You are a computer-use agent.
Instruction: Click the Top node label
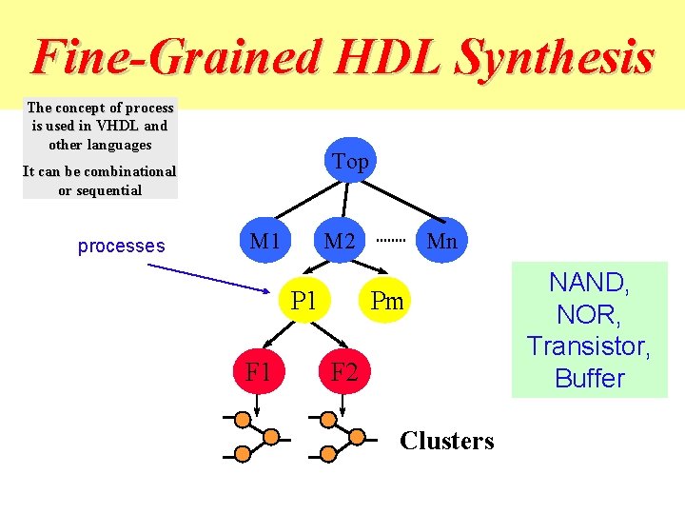point(350,162)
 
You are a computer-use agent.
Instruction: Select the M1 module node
point(264,241)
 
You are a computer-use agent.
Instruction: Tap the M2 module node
point(340,241)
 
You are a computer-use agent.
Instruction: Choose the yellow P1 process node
point(304,301)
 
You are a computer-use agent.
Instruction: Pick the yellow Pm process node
point(387,302)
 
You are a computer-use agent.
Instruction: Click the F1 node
point(258,370)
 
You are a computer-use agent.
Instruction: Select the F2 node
point(343,371)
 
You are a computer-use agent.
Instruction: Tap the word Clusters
point(447,441)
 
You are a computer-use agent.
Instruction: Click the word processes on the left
point(121,246)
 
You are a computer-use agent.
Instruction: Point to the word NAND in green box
point(588,282)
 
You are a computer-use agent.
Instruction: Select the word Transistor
point(589,346)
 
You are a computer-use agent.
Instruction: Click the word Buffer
point(589,378)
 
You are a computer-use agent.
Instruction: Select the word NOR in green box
point(588,314)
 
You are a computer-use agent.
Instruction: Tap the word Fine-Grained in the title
point(176,57)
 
